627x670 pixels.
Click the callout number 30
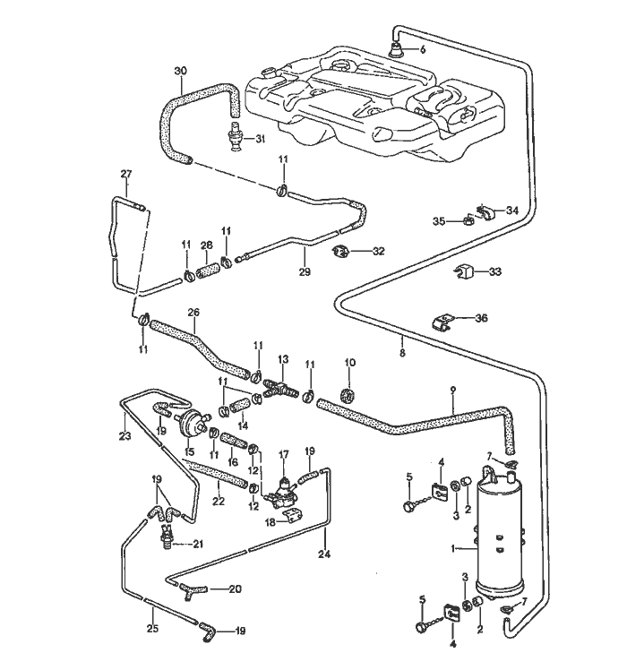click(x=181, y=71)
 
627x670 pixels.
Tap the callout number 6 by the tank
click(x=423, y=49)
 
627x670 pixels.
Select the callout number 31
click(x=261, y=139)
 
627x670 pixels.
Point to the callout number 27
click(x=126, y=173)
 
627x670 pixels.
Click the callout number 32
click(x=378, y=252)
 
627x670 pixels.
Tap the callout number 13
click(x=282, y=359)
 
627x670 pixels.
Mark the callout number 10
click(x=350, y=364)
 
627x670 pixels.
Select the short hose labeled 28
click(x=207, y=266)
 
